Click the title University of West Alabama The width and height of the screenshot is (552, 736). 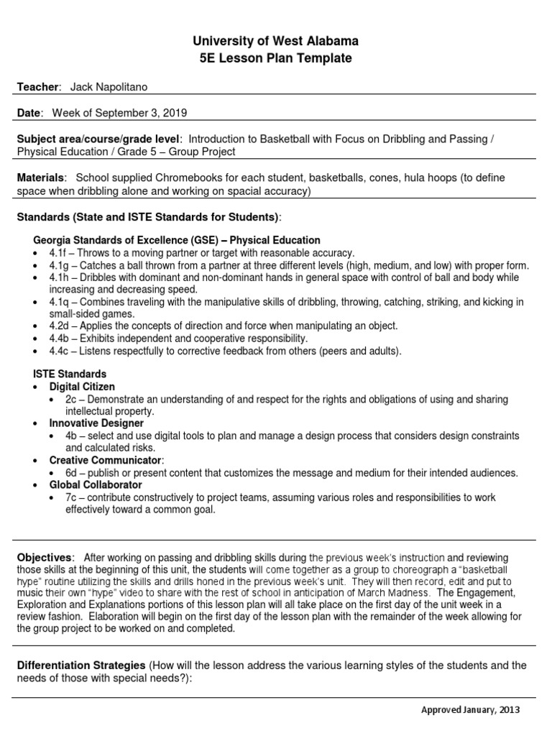click(277, 41)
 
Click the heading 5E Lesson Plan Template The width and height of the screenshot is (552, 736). click(277, 58)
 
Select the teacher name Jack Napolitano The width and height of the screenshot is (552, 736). click(110, 87)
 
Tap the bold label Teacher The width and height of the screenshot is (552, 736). click(37, 87)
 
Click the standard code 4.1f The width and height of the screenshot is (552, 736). click(59, 253)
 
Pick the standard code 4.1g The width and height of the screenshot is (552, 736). click(59, 265)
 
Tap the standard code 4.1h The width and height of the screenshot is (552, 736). click(59, 277)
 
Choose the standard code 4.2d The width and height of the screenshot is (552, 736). click(59, 326)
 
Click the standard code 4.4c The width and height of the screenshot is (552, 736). click(59, 350)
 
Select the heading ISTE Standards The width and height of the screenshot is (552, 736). click(70, 374)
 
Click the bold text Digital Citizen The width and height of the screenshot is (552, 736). click(82, 387)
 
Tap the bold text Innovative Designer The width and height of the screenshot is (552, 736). click(91, 423)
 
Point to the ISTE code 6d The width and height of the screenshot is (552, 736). click(71, 473)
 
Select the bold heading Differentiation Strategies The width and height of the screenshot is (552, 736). click(81, 666)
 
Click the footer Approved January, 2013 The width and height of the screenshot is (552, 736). click(469, 710)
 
